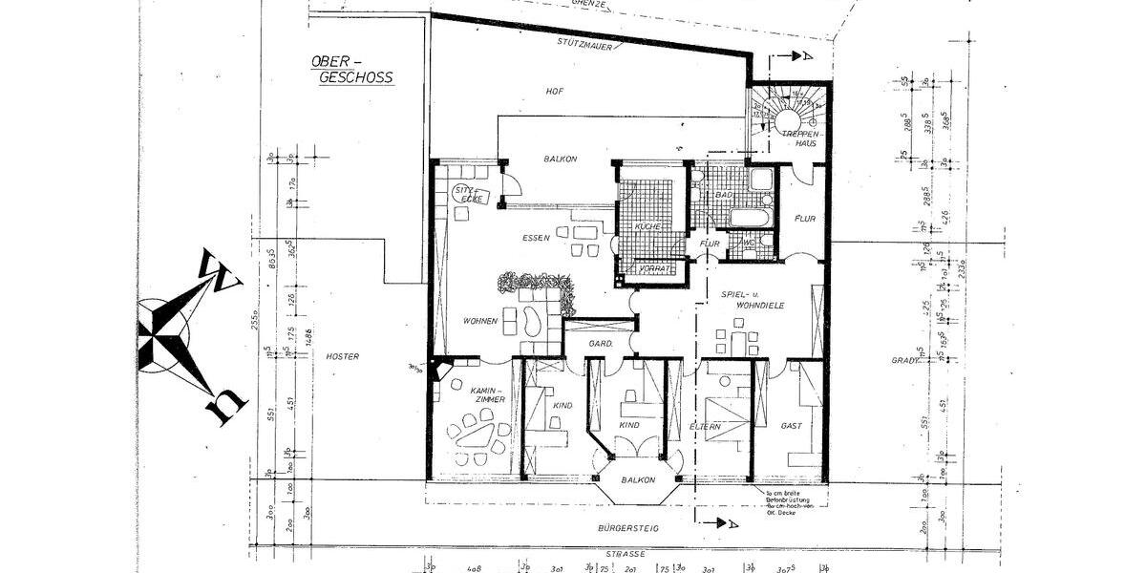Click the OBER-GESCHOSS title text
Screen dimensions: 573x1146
(351, 70)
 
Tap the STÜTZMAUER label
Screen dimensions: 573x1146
(584, 43)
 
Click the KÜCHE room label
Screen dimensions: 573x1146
(648, 226)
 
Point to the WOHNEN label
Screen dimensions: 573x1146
(480, 322)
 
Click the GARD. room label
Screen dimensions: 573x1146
(600, 343)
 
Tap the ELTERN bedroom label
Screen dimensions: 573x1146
(707, 427)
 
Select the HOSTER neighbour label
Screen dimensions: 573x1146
(342, 357)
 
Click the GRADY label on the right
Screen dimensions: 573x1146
(906, 361)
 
